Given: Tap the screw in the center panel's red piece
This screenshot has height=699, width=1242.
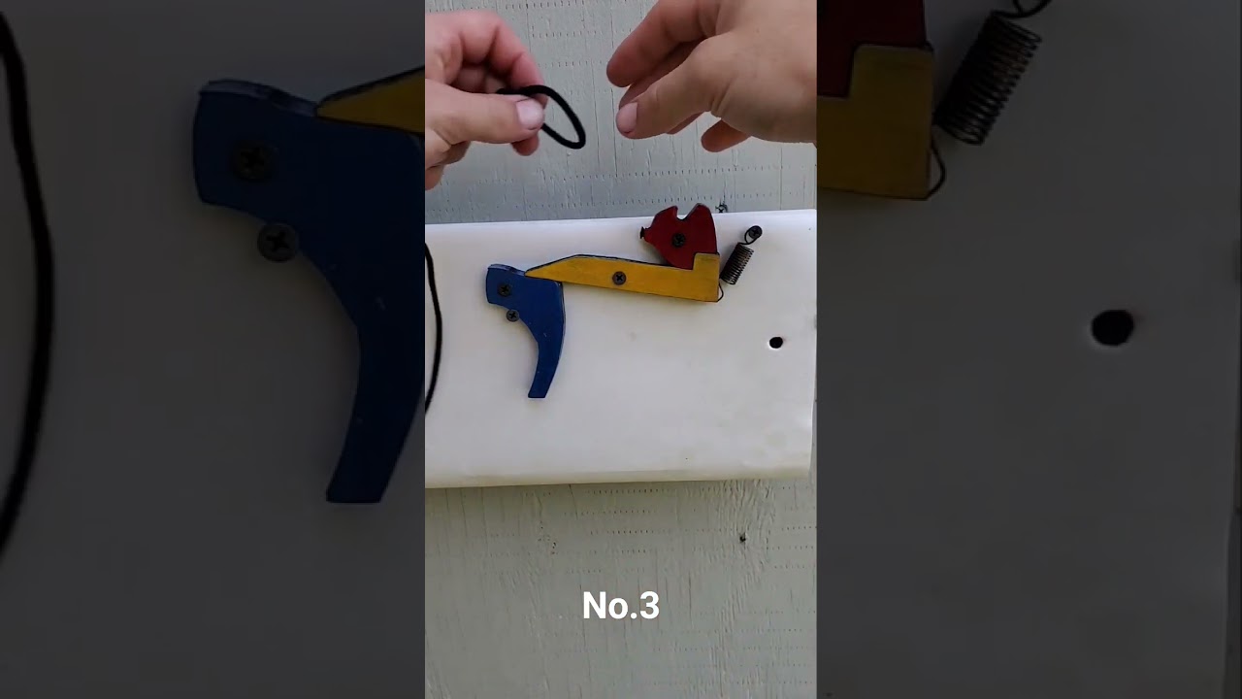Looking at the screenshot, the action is [x=678, y=240].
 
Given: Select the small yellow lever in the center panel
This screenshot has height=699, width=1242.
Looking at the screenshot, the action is [x=627, y=278].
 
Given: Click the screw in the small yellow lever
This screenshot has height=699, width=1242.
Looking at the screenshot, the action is [x=619, y=278].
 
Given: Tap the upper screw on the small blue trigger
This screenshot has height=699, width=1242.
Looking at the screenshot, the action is [x=505, y=289].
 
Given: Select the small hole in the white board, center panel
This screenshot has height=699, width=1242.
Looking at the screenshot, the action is [x=775, y=343].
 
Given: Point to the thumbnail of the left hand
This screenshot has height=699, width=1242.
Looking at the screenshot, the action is [x=530, y=114].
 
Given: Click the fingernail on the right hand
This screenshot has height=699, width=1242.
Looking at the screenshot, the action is [x=627, y=118].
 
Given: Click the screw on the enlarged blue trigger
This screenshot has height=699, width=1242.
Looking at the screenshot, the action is [x=252, y=161].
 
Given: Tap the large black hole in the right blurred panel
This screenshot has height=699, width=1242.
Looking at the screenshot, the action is [x=1112, y=327].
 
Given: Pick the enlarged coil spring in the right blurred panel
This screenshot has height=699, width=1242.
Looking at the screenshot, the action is [x=987, y=78].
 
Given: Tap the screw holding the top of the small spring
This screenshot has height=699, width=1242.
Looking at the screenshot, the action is [x=753, y=233].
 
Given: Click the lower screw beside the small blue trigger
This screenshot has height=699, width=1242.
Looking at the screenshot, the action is [x=512, y=316].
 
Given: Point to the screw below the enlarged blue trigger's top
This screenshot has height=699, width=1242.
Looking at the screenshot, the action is [x=278, y=242].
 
